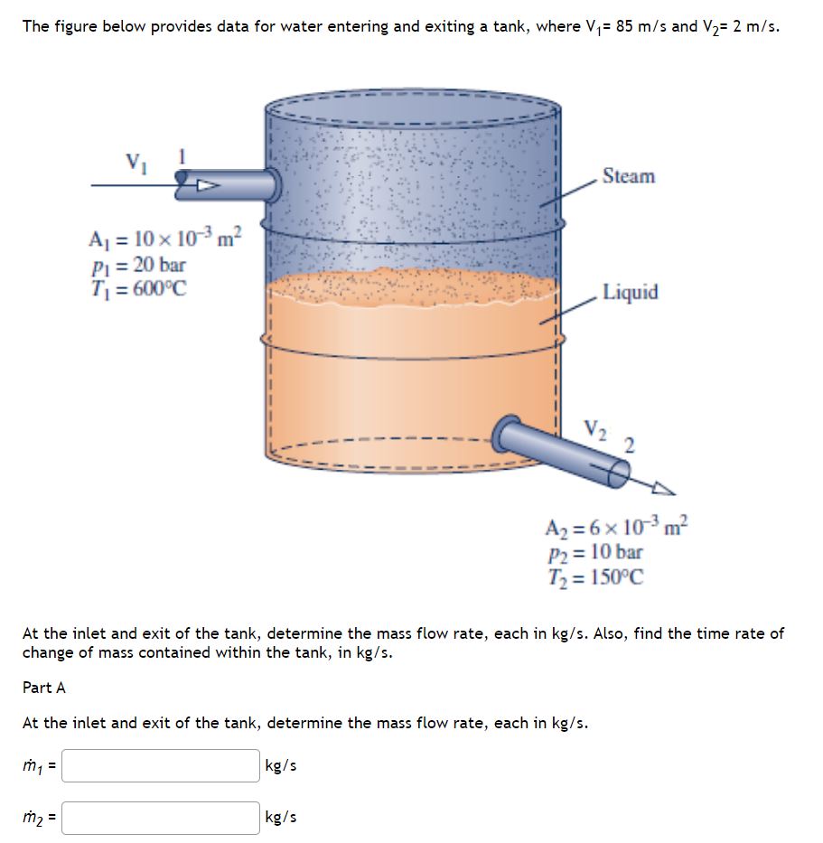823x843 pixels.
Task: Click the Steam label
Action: coord(628,176)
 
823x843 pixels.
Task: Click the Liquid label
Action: coord(631,292)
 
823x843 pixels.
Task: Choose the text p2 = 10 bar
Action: coord(594,552)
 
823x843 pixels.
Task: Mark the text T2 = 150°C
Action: coord(595,576)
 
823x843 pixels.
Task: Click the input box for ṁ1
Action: coord(161,766)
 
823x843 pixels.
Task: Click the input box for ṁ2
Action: coord(161,818)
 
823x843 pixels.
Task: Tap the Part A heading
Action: coord(43,688)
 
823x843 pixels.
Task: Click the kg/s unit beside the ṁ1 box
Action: coord(280,766)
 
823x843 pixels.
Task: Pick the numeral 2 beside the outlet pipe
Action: coord(629,444)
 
